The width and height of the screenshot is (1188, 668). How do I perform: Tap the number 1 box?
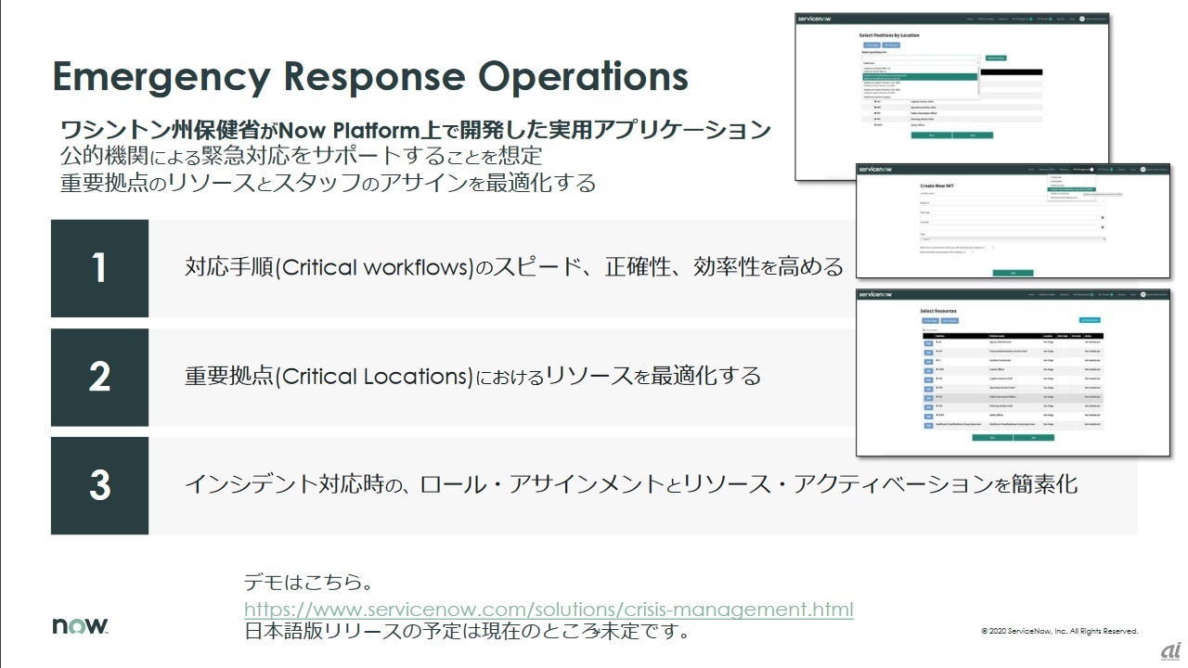(99, 268)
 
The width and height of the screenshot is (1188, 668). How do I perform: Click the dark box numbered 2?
(99, 377)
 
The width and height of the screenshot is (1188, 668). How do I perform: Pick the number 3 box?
(99, 485)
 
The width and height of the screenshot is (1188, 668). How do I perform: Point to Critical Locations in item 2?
(375, 377)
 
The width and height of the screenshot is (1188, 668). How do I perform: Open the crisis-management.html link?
(549, 610)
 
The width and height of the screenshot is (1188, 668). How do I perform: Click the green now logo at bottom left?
(80, 626)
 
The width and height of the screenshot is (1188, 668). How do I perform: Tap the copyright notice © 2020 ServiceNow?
(1059, 631)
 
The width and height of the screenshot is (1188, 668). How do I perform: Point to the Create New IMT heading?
(938, 186)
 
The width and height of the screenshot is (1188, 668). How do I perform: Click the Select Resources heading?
(937, 311)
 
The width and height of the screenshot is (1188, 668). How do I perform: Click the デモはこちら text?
(309, 584)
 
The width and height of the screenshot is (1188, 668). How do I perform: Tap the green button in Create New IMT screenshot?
(1012, 273)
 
